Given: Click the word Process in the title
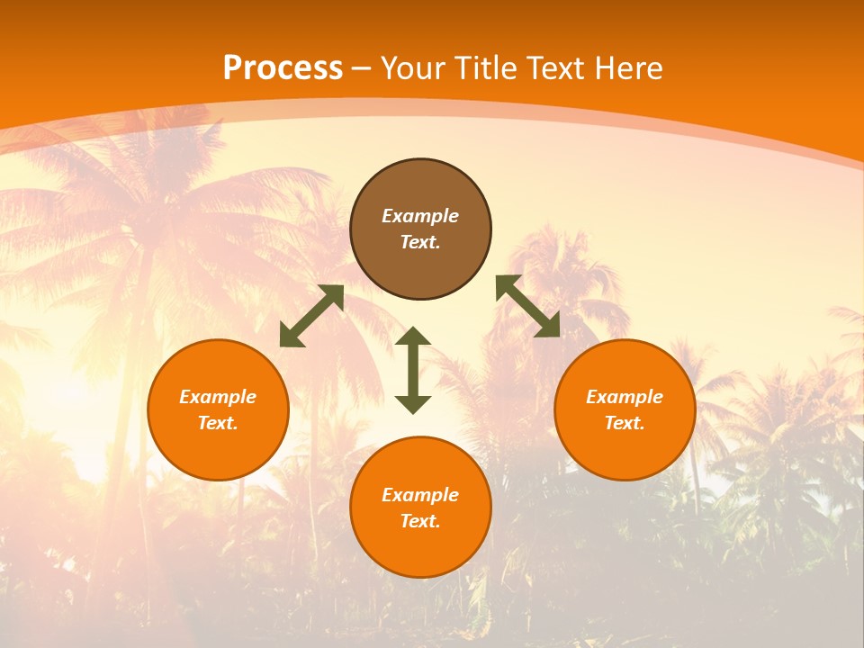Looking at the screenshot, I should (x=283, y=68).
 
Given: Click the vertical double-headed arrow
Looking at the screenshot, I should (x=413, y=370).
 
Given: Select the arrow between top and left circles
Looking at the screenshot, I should (x=311, y=316).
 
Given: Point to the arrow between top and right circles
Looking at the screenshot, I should (x=528, y=306).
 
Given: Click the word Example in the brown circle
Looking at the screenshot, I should (x=420, y=216).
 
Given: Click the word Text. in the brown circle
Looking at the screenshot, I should (x=420, y=242).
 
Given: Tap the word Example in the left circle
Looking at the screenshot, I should (x=218, y=397).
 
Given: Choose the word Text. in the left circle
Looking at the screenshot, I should (x=218, y=423).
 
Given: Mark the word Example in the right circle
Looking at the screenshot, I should (x=625, y=397).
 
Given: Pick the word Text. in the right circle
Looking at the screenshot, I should (x=625, y=423).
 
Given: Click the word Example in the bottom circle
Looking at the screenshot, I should (x=420, y=495).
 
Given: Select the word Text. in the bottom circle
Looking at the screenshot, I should (x=420, y=521).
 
